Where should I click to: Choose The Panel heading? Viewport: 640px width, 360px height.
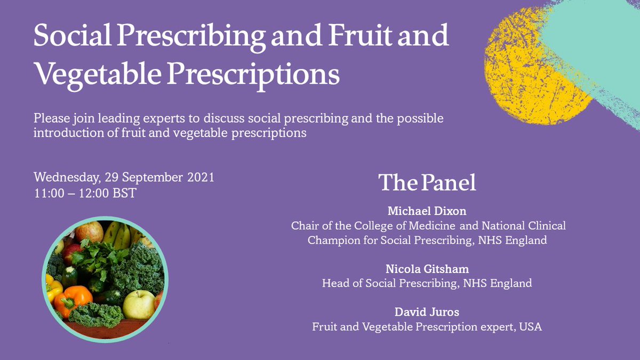click(427, 183)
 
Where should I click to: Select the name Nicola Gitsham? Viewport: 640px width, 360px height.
click(427, 269)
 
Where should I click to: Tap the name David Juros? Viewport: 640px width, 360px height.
click(427, 311)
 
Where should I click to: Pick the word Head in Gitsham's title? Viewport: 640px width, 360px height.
click(334, 283)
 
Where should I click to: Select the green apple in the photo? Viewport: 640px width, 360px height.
click(138, 305)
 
